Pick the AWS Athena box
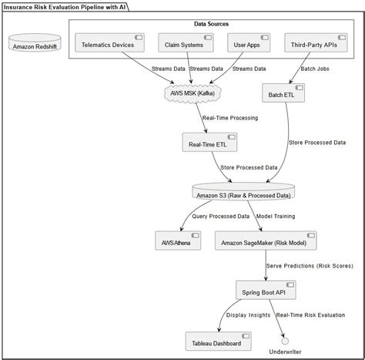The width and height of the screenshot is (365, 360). (178, 241)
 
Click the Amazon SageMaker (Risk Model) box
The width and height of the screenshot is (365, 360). (263, 241)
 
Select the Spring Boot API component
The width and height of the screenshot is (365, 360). (266, 291)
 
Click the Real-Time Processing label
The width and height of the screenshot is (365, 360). (229, 118)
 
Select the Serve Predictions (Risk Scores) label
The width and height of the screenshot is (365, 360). (310, 266)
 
